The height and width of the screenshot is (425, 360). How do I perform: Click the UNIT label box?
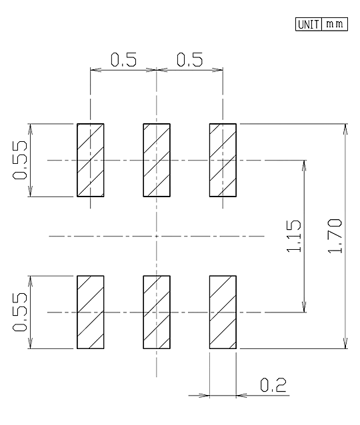(309, 25)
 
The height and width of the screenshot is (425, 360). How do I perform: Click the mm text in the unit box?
(335, 24)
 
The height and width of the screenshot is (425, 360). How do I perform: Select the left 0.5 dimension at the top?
(123, 60)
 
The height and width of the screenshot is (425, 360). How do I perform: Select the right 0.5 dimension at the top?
(189, 60)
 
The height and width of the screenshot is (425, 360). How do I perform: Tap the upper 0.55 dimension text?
(20, 160)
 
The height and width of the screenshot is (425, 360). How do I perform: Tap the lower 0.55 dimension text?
(20, 312)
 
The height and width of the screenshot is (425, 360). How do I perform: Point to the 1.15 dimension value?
(294, 236)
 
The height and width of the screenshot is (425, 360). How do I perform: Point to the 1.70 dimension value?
(335, 236)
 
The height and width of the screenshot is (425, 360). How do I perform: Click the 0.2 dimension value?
(273, 385)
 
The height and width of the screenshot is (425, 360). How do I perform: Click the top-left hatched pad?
(91, 160)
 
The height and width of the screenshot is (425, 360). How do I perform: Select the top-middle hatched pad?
(157, 160)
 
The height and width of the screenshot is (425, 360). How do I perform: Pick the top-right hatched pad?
(223, 160)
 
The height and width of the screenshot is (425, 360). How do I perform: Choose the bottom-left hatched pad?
(91, 312)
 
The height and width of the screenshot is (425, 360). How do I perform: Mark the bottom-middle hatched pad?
(157, 312)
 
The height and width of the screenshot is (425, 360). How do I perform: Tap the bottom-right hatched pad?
(223, 312)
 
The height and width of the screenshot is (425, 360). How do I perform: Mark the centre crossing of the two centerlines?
(157, 236)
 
